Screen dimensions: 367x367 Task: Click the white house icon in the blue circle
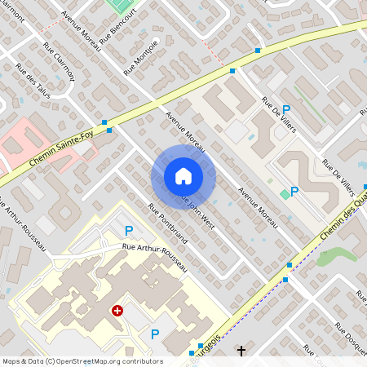183,176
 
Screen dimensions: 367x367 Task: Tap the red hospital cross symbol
117,311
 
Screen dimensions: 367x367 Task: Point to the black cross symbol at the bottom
241,351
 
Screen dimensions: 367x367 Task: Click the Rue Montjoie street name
140,59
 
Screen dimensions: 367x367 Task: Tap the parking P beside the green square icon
294,192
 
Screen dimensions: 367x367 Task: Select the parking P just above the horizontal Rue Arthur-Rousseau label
128,232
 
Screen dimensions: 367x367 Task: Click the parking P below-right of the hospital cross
155,333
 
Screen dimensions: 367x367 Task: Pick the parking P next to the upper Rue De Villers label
286,108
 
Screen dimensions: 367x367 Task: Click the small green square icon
284,193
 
